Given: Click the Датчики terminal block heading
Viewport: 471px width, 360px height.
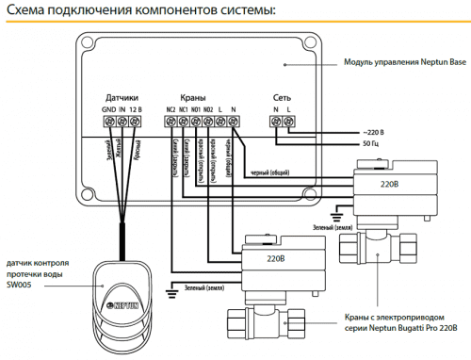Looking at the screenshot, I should coord(122,97).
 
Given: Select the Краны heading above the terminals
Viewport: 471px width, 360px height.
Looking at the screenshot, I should coord(193,97).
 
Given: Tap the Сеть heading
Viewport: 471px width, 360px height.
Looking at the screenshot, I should coord(283,97).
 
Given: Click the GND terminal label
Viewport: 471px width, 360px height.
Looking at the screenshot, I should coord(108,110).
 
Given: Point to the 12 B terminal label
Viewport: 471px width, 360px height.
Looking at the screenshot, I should coord(137,110).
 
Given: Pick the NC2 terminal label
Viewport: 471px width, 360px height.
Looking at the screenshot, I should coord(171,110).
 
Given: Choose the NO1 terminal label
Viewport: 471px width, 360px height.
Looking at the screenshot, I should coord(196,110).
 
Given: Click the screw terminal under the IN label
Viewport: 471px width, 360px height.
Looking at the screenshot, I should coord(122,122).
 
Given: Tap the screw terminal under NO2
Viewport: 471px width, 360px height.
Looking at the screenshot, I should coord(208,122).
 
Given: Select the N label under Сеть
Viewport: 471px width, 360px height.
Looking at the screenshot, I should coord(276,110).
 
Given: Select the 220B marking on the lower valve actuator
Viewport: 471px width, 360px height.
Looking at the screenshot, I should coord(275,256).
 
